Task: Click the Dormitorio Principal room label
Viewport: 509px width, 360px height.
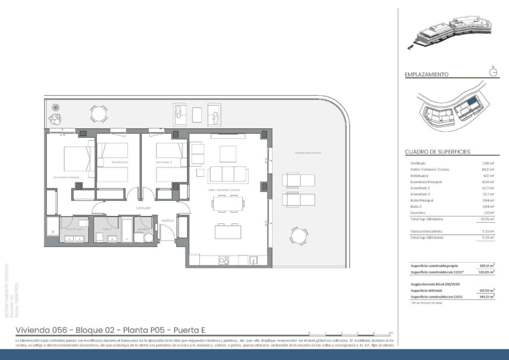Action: tap(67, 177)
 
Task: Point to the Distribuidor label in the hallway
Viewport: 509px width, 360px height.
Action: tap(143, 208)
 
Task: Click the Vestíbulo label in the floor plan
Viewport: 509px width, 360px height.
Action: tap(168, 220)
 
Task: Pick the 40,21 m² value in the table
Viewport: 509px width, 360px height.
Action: tap(488, 170)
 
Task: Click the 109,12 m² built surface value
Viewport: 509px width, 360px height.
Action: tap(487, 266)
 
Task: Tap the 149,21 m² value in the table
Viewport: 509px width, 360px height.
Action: tap(487, 296)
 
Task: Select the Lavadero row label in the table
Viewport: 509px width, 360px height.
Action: tap(418, 213)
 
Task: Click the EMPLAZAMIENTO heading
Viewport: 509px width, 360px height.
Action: tap(426, 75)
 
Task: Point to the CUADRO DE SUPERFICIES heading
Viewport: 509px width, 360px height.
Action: tap(437, 152)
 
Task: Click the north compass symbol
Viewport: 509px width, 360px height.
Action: tap(493, 72)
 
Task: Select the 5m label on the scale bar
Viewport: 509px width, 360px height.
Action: tap(390, 333)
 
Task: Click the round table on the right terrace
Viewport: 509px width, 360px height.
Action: tap(298, 236)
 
